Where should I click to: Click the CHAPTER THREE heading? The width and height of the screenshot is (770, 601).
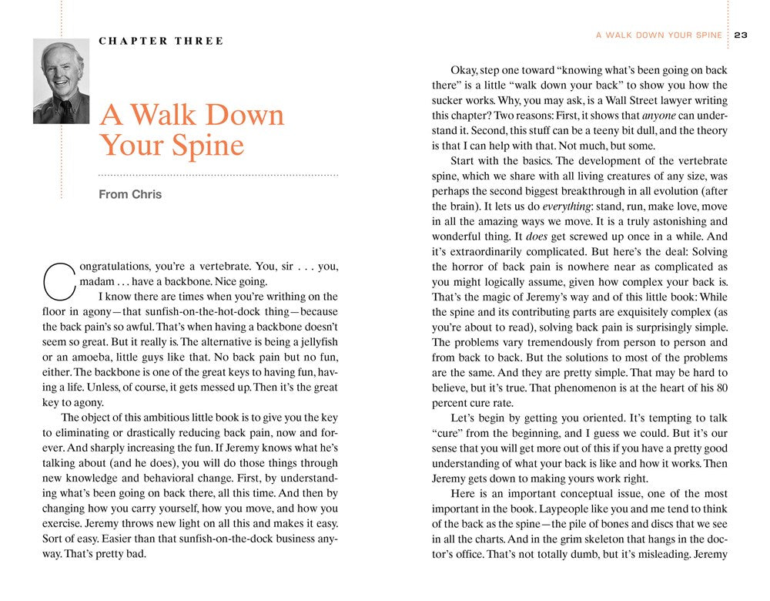[161, 41]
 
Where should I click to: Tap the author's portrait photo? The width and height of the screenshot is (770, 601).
[61, 81]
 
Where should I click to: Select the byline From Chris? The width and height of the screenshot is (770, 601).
[130, 194]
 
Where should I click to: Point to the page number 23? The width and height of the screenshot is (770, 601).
[742, 35]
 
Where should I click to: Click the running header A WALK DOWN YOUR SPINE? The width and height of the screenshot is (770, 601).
[659, 35]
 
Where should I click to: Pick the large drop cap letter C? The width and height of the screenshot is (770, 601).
[59, 281]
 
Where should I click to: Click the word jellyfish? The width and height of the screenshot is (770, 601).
[316, 341]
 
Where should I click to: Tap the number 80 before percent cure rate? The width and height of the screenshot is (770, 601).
[721, 388]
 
